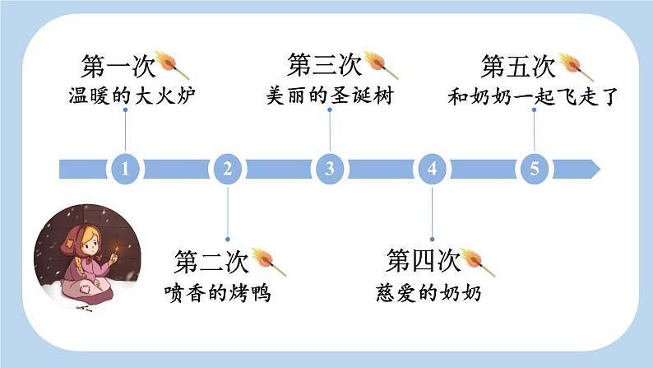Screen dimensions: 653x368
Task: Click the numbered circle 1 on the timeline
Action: click(125, 169)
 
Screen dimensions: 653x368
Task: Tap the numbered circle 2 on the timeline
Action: click(227, 169)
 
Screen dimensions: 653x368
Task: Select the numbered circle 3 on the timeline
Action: click(330, 169)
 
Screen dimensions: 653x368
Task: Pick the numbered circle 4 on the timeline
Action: click(432, 169)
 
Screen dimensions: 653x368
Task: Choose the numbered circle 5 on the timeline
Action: click(535, 169)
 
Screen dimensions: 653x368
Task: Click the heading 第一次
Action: click(118, 66)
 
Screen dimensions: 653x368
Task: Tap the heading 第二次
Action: click(211, 261)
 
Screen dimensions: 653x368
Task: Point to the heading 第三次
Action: click(324, 65)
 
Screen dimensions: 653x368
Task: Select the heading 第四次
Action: click(423, 260)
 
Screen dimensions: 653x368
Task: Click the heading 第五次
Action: click(518, 66)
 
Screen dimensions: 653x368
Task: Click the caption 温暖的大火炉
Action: click(132, 95)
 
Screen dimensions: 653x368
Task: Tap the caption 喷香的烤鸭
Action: click(217, 292)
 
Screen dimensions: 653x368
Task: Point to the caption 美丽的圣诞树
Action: click(330, 95)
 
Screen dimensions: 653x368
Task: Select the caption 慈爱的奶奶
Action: click(428, 292)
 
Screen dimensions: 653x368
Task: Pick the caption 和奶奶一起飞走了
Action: click(533, 96)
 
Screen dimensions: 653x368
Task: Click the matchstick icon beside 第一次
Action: click(172, 65)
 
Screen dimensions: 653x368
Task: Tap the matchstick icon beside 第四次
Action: click(477, 262)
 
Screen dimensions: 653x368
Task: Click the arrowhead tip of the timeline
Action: click(600, 169)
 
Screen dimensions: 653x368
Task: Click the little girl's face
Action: click(90, 243)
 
